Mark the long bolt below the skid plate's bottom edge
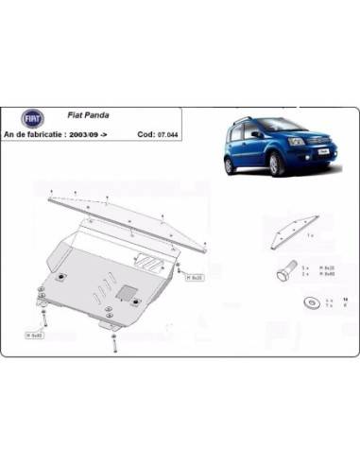tap(114, 339)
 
